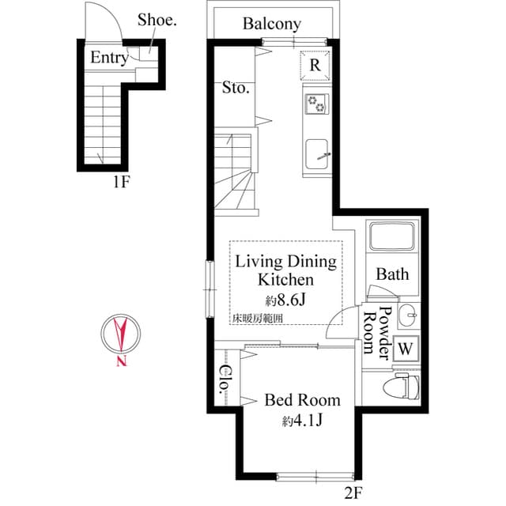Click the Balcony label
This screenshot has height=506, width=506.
271,24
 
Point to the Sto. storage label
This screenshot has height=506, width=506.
236,88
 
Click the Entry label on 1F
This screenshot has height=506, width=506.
109,58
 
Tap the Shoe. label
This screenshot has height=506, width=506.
157,20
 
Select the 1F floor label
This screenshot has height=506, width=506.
120,183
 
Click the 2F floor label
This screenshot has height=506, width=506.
353,493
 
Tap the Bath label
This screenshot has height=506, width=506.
392,274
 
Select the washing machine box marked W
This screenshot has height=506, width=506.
406,348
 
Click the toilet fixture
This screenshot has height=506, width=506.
400,387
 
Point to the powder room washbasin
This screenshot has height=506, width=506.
408,314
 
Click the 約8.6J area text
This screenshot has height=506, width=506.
285,300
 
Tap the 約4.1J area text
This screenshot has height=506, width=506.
302,420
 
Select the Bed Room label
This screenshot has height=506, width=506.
302,400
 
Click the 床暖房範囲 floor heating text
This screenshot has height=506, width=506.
257,318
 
